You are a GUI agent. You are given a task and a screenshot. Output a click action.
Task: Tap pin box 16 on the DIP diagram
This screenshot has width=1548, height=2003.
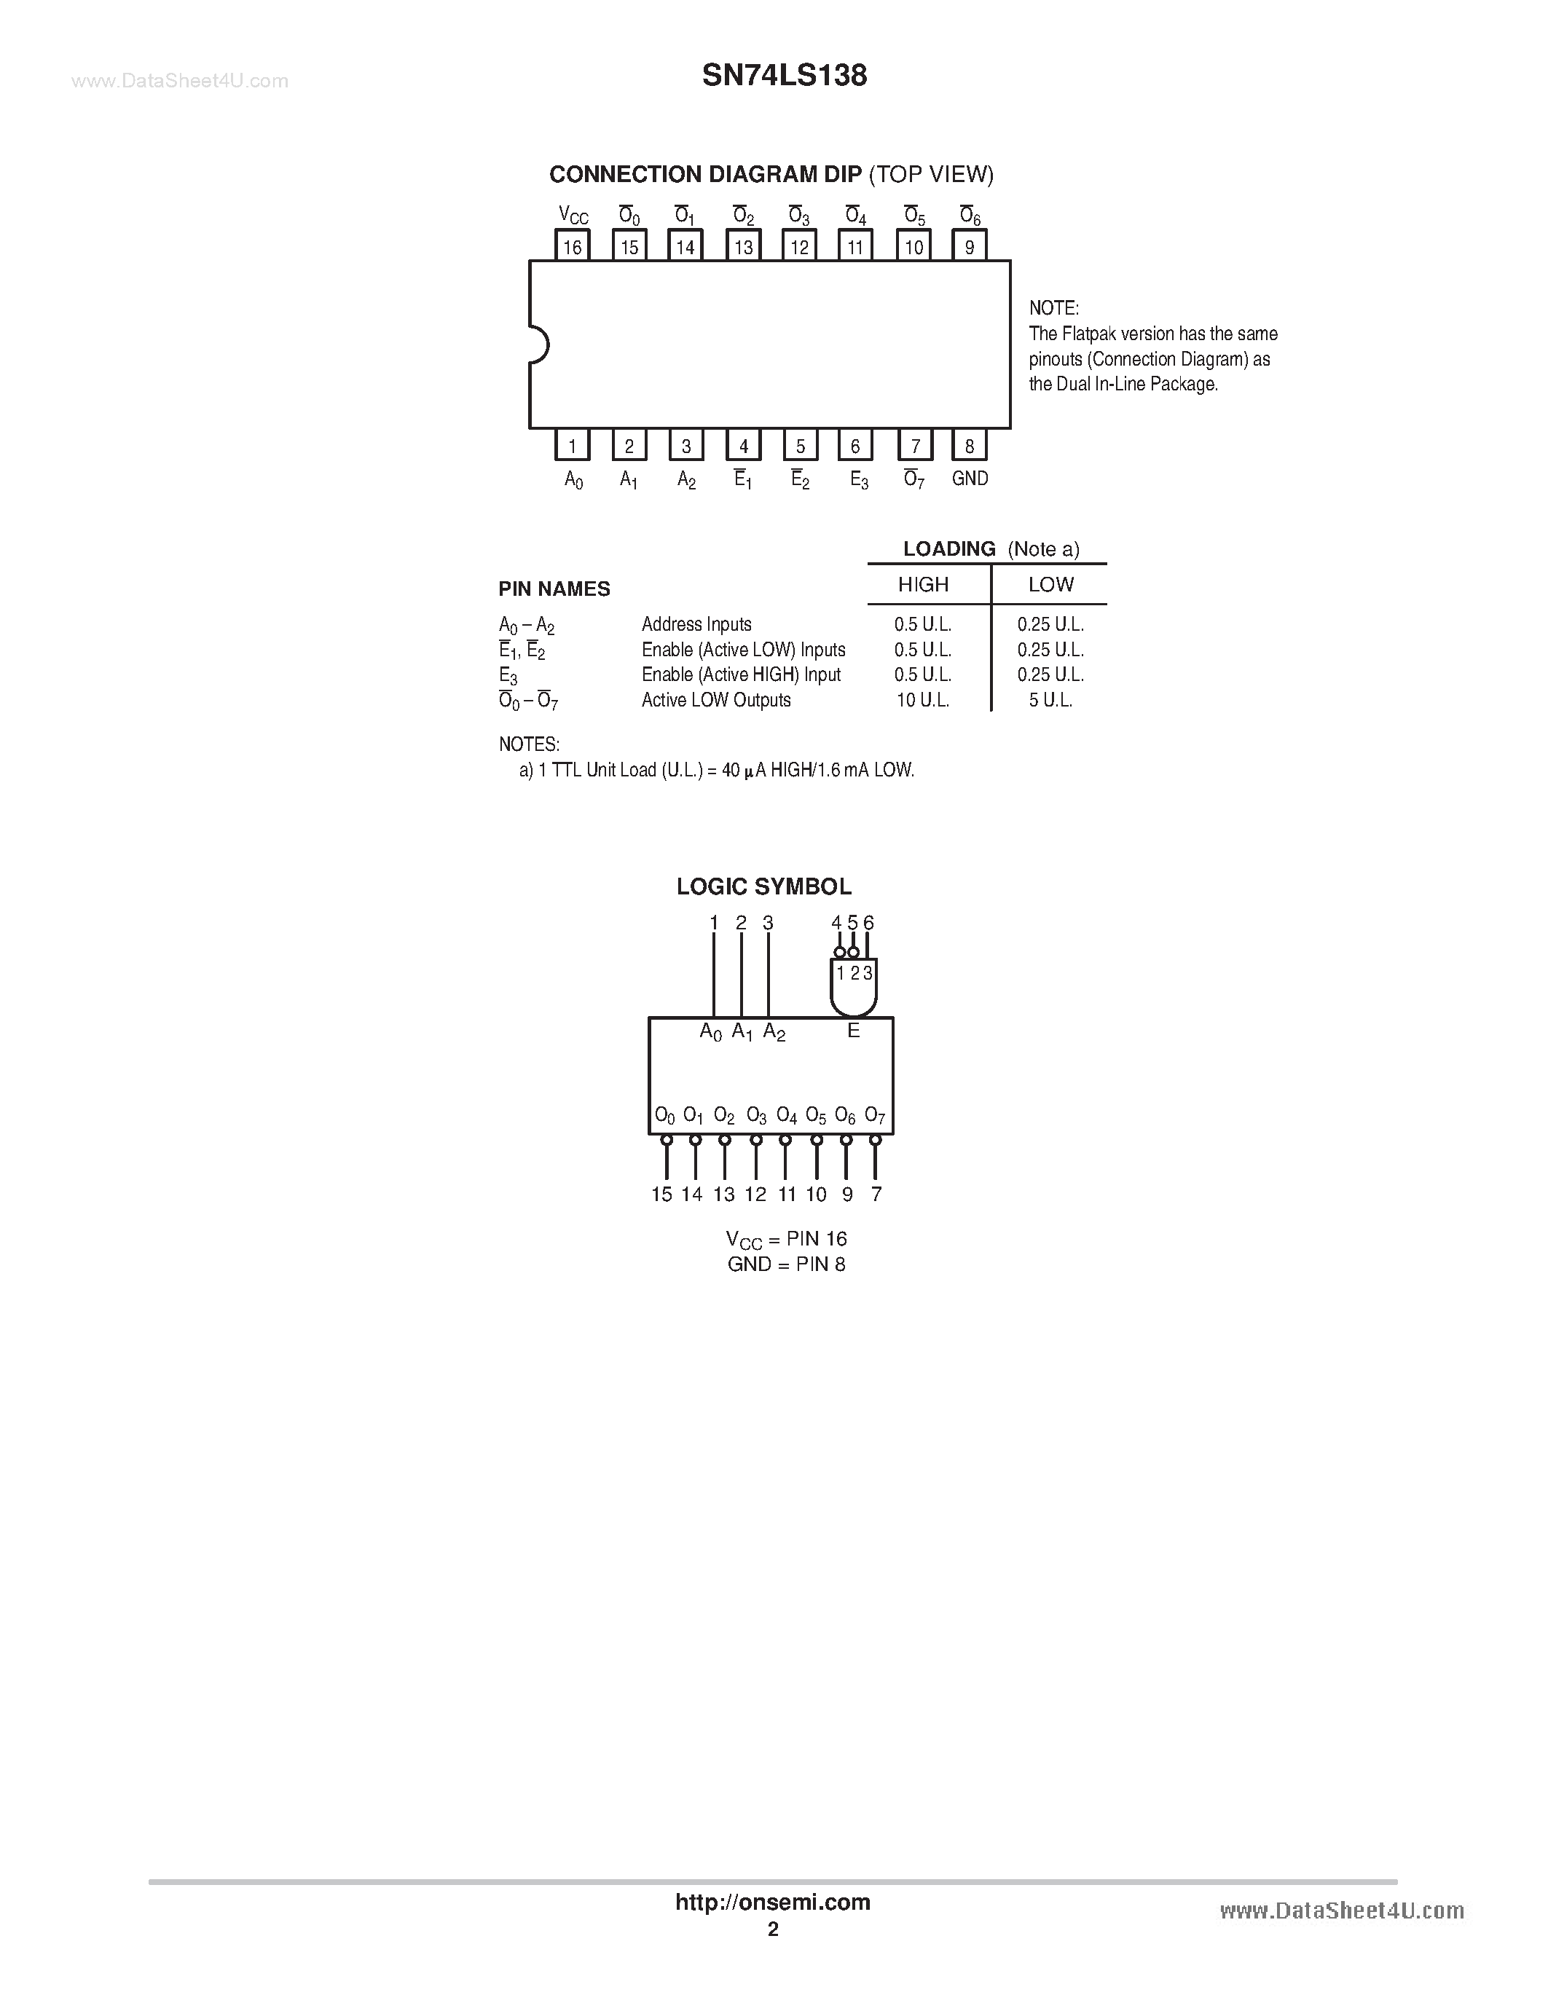pyautogui.click(x=573, y=245)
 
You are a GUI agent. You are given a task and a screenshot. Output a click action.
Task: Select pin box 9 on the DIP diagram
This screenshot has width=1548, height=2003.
pyautogui.click(x=970, y=245)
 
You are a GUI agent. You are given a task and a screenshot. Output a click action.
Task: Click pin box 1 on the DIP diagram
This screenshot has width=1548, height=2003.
pyautogui.click(x=573, y=446)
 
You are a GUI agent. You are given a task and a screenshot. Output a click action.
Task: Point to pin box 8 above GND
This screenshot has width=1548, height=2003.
pyautogui.click(x=970, y=446)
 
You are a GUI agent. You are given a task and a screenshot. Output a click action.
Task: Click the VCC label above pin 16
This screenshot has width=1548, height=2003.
pyautogui.click(x=573, y=216)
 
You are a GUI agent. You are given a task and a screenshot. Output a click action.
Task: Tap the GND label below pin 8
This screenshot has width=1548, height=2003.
pyautogui.click(x=970, y=478)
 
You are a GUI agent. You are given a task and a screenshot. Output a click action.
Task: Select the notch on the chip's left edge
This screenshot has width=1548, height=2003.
pyautogui.click(x=538, y=345)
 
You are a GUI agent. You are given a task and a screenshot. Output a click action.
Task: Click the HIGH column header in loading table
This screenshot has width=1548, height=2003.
pyautogui.click(x=922, y=584)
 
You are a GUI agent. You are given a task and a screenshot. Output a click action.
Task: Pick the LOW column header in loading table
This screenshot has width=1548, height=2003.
pyautogui.click(x=1050, y=584)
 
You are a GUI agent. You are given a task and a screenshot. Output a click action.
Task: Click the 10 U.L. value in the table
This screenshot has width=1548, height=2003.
pyautogui.click(x=922, y=700)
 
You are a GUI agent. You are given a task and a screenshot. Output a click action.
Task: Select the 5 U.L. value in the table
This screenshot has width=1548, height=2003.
pyautogui.click(x=1050, y=700)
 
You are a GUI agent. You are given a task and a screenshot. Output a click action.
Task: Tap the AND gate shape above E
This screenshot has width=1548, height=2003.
pyautogui.click(x=853, y=988)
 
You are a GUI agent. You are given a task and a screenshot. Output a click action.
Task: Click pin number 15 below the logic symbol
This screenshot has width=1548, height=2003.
pyautogui.click(x=662, y=1194)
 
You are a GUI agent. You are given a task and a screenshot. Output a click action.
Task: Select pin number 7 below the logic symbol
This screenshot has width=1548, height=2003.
pyautogui.click(x=876, y=1194)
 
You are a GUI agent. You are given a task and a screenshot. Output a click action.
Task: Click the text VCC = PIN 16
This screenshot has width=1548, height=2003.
pyautogui.click(x=787, y=1240)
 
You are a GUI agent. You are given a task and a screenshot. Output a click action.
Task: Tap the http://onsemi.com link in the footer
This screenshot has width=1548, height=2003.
pyautogui.click(x=772, y=1902)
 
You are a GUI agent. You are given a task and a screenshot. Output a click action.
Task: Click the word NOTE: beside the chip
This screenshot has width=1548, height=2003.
pyautogui.click(x=1053, y=308)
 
